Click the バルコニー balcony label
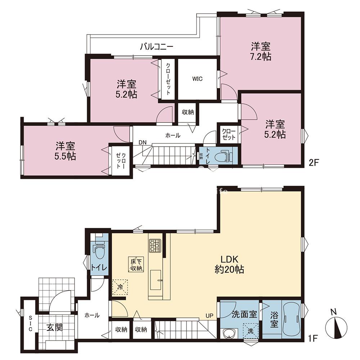157,46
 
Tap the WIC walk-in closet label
197,79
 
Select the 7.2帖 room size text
261,57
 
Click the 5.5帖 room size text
65,156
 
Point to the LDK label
229,260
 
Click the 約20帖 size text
229,270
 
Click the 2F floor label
314,163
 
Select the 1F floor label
312,338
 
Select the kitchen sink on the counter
156,280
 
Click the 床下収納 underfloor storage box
136,265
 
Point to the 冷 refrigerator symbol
120,287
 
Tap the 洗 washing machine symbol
251,331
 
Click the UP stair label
210,316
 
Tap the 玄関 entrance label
55,327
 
